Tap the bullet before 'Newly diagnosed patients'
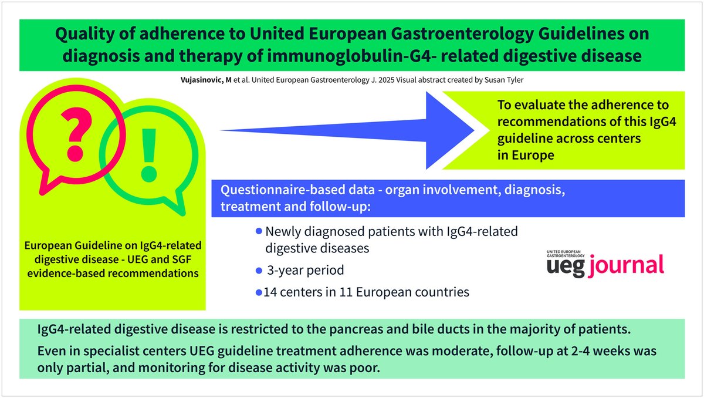click(x=259, y=232)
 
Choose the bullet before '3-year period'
click(x=259, y=271)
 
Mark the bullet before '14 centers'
click(x=259, y=292)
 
